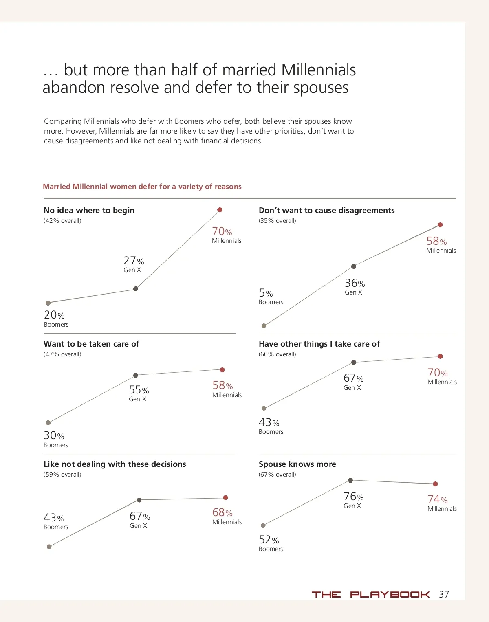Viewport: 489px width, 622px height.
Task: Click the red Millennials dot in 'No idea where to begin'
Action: pyautogui.click(x=220, y=210)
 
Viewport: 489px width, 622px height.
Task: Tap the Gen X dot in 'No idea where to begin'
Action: pyautogui.click(x=136, y=289)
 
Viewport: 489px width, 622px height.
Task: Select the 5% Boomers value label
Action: pyautogui.click(x=266, y=293)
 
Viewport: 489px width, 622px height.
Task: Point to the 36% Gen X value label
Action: pyautogui.click(x=355, y=283)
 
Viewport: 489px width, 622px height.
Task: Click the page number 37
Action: pyautogui.click(x=444, y=594)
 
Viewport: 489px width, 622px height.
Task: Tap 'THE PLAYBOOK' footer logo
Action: pyautogui.click(x=370, y=594)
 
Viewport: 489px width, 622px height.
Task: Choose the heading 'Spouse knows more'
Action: pyautogui.click(x=297, y=464)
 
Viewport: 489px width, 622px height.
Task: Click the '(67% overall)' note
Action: pyautogui.click(x=277, y=475)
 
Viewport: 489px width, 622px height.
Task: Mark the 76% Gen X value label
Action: pyautogui.click(x=353, y=497)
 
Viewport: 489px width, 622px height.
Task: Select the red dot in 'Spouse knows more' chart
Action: pyautogui.click(x=435, y=484)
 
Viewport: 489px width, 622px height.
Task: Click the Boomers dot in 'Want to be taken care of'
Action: pyautogui.click(x=48, y=423)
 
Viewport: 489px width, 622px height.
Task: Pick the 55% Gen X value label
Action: pyautogui.click(x=139, y=390)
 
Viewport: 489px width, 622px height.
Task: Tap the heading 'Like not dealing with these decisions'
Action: pyautogui.click(x=115, y=464)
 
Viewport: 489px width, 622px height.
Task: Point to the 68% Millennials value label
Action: pyautogui.click(x=222, y=512)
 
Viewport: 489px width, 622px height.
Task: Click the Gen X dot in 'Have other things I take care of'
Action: pyautogui.click(x=354, y=362)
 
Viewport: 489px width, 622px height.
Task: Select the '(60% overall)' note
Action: pyautogui.click(x=277, y=354)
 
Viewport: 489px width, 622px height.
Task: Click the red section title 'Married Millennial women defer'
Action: pyautogui.click(x=142, y=187)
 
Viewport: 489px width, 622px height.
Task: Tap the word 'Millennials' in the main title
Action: pyautogui.click(x=318, y=70)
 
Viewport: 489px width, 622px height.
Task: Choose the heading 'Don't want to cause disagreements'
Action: pyautogui.click(x=326, y=210)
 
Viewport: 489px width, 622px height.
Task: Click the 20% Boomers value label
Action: pyautogui.click(x=54, y=315)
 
